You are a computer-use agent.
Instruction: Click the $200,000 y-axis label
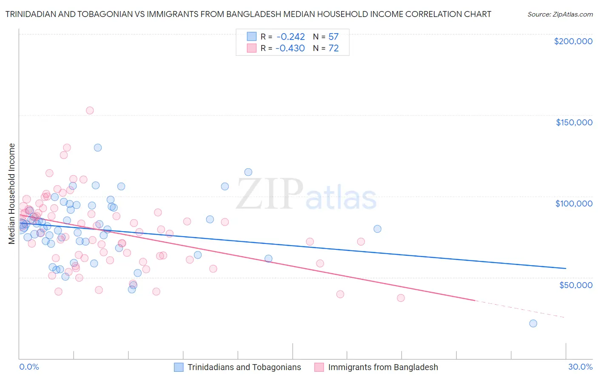click(x=573, y=41)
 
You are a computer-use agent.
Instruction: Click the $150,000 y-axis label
click(x=574, y=122)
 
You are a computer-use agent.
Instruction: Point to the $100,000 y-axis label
click(x=574, y=204)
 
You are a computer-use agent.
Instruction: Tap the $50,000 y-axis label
click(x=575, y=285)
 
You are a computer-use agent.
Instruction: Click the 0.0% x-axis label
click(x=29, y=367)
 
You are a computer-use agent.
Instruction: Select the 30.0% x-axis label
click(x=580, y=367)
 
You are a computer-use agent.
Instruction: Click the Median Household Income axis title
click(x=12, y=194)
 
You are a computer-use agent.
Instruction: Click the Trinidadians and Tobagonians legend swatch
click(x=179, y=367)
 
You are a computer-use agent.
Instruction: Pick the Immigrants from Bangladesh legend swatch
click(x=319, y=367)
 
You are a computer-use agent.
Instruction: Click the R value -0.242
click(x=290, y=37)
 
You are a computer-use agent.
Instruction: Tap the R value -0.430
click(x=290, y=48)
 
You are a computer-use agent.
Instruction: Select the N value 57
click(x=333, y=37)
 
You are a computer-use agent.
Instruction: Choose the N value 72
click(x=333, y=48)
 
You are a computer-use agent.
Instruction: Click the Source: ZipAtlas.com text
click(x=560, y=14)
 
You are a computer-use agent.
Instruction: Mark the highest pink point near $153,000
click(x=90, y=110)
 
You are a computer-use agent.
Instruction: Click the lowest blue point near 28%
click(x=533, y=323)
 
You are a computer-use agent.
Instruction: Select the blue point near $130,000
click(x=98, y=148)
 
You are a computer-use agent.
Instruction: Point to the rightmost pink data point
click(x=401, y=298)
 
